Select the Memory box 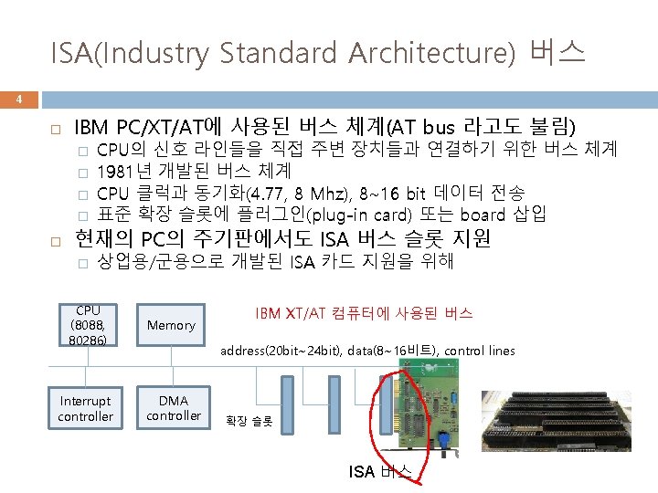171,325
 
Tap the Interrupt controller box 85,408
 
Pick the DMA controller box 173,408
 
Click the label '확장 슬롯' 249,422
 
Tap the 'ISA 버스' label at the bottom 381,471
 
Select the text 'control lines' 481,351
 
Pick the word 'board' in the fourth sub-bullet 483,215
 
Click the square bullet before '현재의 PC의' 55,240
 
